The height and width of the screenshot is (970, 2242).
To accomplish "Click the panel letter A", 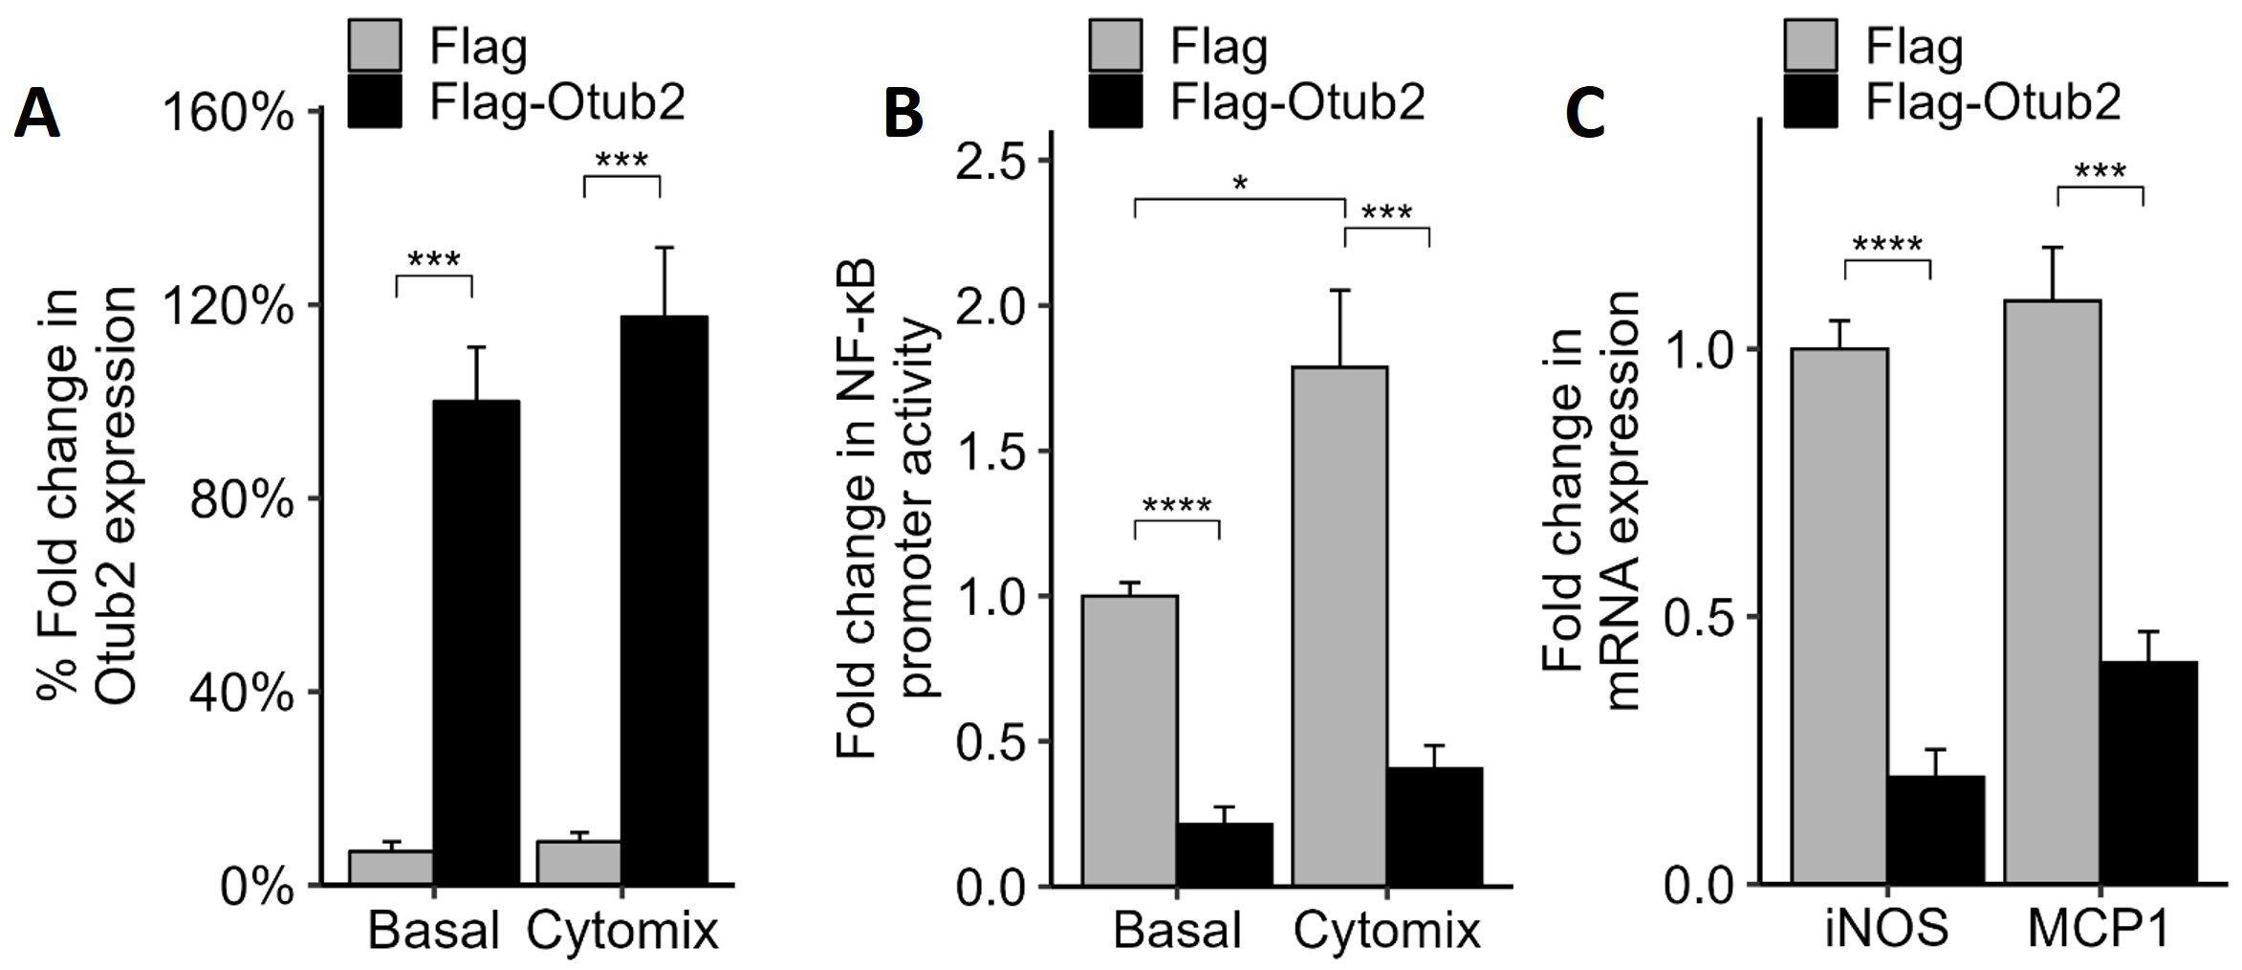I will (x=37, y=114).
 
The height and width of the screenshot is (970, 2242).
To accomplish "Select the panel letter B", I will (x=903, y=114).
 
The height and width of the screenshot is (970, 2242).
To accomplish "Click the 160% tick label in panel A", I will (x=229, y=114).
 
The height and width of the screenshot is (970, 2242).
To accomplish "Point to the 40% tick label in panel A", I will (x=241, y=693).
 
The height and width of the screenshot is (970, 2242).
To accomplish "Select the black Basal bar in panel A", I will (x=476, y=641).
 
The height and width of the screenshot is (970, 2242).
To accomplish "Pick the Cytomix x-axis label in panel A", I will (x=622, y=930).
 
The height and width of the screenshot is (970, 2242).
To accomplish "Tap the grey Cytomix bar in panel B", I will (x=1339, y=626).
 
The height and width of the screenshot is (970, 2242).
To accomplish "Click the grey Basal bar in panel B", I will (x=1129, y=740).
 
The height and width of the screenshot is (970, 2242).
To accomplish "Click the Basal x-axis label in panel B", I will (x=1177, y=930).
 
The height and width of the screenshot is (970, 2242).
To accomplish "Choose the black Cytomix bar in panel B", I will (x=1435, y=827).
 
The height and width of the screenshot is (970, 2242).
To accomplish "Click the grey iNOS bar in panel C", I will (x=1839, y=616).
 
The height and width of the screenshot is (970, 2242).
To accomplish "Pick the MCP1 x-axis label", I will (x=2099, y=928).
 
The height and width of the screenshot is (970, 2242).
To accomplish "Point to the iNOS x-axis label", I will (x=1885, y=928).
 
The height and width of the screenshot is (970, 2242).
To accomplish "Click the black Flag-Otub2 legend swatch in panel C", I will (x=1810, y=101).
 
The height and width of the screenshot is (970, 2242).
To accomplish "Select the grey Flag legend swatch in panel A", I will (x=374, y=45).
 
